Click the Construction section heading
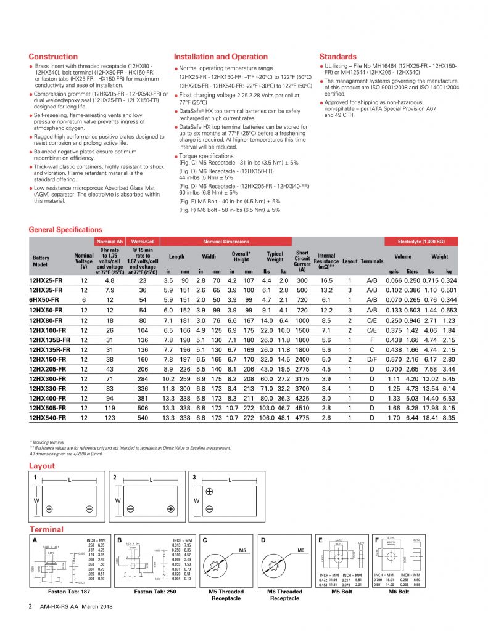click(54, 57)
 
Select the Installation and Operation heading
click(221, 57)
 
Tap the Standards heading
click(337, 57)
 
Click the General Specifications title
click(65, 230)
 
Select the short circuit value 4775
click(302, 418)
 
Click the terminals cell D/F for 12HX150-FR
click(372, 358)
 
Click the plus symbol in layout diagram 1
click(49, 508)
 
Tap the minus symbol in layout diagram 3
click(209, 508)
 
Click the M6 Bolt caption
click(398, 592)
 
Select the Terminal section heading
click(46, 529)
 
